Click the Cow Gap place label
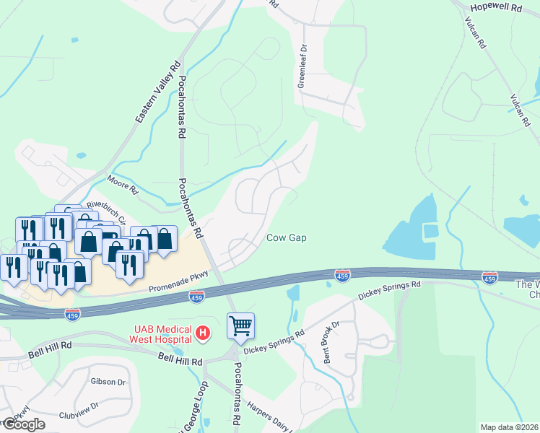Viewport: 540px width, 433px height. coord(288,237)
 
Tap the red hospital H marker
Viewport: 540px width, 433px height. coord(204,333)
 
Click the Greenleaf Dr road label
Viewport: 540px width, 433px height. coord(302,66)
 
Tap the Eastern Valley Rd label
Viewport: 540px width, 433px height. coord(157,91)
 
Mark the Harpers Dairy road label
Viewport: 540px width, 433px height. coord(268,417)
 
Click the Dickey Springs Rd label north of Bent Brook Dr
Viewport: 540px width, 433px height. coord(389,290)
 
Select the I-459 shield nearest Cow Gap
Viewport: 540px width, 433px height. coord(343,275)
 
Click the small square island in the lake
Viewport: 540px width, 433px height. coord(430,232)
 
